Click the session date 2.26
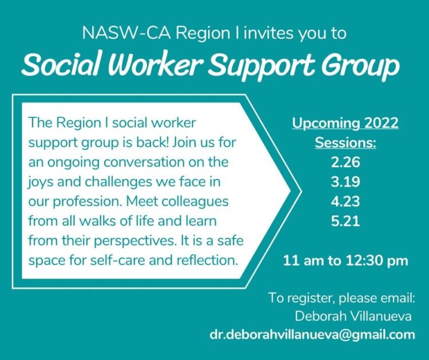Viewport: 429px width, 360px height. [x=345, y=163]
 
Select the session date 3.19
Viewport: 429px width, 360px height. [x=345, y=182]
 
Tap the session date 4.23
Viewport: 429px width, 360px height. [x=345, y=201]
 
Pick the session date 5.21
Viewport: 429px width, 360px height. [x=345, y=221]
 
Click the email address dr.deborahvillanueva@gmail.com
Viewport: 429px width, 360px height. [x=312, y=335]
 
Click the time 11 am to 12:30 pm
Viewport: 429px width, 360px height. [x=345, y=262]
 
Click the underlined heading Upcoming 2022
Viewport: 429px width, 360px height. [x=345, y=123]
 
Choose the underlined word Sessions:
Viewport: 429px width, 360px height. [x=345, y=143]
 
